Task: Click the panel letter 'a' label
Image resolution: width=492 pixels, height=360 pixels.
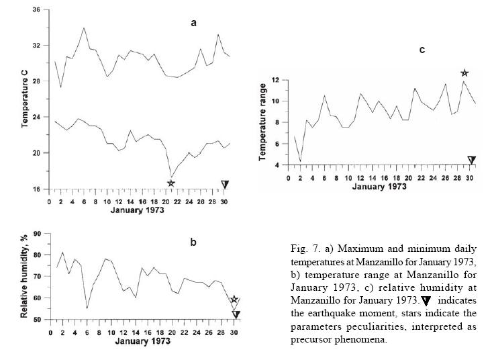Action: click(193, 23)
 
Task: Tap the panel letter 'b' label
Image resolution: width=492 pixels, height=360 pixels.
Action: click(193, 242)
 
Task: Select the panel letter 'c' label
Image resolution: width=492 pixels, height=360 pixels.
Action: click(422, 50)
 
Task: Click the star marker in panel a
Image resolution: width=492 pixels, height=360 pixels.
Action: click(171, 183)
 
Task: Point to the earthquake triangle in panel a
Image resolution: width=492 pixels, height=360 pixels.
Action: click(225, 184)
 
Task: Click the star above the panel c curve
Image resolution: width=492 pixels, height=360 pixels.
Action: click(464, 73)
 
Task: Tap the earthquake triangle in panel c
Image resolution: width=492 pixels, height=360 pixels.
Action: click(471, 160)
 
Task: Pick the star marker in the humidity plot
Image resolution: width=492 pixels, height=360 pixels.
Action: click(234, 300)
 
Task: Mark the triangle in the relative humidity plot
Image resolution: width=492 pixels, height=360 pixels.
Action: click(236, 314)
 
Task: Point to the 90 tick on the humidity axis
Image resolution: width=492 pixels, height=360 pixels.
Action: click(38, 234)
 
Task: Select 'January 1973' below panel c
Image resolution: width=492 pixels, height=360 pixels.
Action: click(378, 185)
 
